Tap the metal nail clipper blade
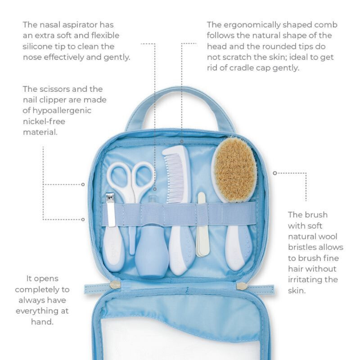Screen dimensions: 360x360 (110, 210)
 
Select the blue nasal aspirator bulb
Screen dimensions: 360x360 (152, 255)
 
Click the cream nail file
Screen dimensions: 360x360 (202, 225)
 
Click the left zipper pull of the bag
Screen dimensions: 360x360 (115, 285)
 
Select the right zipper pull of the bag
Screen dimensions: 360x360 (242, 286)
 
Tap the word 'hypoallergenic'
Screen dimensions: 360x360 (62, 111)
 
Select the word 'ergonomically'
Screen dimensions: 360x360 (252, 25)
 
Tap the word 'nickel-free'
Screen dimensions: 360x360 (44, 121)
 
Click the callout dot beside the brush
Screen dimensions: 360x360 (275, 173)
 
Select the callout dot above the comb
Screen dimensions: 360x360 (182, 141)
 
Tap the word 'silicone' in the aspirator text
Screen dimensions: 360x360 (37, 46)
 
